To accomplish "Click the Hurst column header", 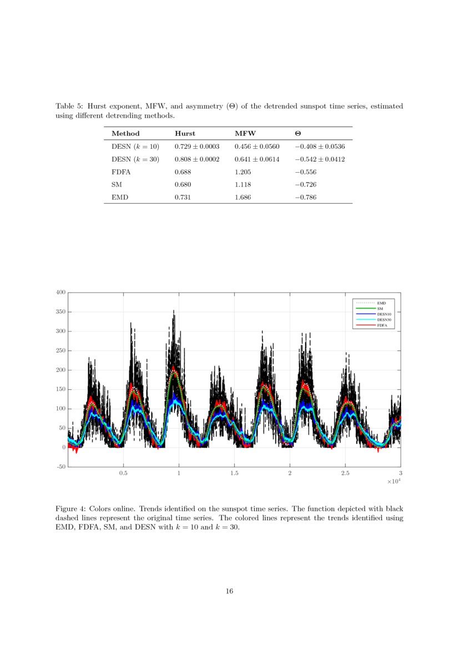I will [x=185, y=133].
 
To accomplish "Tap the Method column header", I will [x=125, y=133].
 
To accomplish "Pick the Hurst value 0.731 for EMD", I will [x=183, y=198].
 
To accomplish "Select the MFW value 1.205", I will [x=243, y=172].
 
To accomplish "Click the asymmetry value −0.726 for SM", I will [x=305, y=185].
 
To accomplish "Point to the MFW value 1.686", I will [x=243, y=198].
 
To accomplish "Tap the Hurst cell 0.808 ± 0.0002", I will [x=197, y=159].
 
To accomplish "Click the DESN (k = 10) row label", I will [x=135, y=147].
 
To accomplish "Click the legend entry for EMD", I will [x=381, y=303].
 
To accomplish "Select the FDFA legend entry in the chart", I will [x=382, y=325].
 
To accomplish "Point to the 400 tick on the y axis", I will [x=61, y=292].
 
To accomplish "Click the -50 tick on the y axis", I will [x=60, y=467].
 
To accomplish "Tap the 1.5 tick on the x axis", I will [x=234, y=474].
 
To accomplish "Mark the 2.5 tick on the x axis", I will [x=345, y=474].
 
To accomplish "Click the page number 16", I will [x=229, y=591].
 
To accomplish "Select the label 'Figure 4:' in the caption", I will [x=70, y=509].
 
